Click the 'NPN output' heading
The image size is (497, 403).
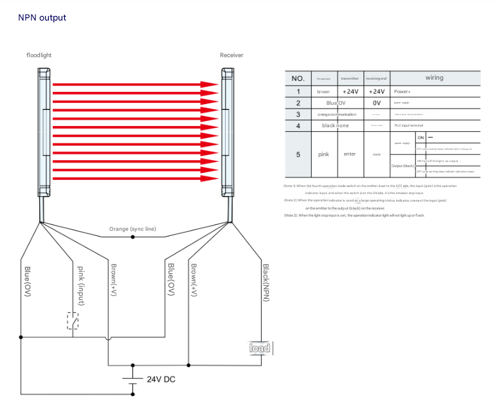coord(42,17)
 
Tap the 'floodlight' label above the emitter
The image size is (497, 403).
coord(39,55)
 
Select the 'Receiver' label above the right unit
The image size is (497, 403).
coord(231,55)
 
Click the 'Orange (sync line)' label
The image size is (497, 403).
coord(132,229)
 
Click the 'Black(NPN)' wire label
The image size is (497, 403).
coord(266,282)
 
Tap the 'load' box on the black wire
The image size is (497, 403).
coord(260,348)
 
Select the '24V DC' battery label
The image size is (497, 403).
coord(161,379)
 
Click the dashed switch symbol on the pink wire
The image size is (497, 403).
coord(73,320)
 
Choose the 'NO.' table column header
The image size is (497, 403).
coord(298,78)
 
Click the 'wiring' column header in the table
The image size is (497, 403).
coord(434,78)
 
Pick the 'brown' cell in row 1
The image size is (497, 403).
coord(323,92)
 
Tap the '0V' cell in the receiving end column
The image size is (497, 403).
coord(376,103)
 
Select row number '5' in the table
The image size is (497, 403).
coord(298,154)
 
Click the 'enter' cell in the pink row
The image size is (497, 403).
coord(350,154)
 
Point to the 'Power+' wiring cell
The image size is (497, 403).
coord(402,92)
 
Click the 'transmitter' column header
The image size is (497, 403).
coord(350,78)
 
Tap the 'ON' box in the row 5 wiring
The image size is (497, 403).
coord(420,138)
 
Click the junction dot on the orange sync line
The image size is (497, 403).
coord(133,237)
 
